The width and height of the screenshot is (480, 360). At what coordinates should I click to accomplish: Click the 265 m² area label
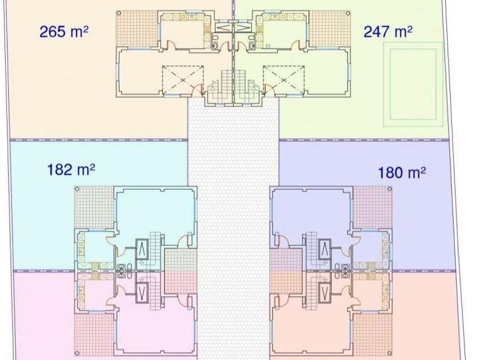coord(64,31)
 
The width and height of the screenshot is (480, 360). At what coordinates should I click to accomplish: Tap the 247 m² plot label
coord(388,31)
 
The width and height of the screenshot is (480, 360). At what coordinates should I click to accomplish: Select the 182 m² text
coord(71,169)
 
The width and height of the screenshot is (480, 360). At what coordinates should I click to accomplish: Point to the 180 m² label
coord(402,173)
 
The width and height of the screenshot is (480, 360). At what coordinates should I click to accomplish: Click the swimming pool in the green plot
coord(413,84)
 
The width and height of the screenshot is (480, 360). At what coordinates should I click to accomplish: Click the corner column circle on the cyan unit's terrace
coord(77,189)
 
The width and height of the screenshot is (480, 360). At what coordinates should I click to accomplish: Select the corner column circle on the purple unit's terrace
coord(390,189)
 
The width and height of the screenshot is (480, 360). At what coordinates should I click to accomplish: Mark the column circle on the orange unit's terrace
coord(119,13)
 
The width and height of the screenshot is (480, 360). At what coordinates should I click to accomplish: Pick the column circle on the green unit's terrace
coord(348,13)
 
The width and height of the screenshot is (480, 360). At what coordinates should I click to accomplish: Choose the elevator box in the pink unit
coord(142,293)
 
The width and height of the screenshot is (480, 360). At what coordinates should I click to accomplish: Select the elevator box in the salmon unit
coord(325,293)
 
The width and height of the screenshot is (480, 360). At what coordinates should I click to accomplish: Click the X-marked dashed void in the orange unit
coord(183,80)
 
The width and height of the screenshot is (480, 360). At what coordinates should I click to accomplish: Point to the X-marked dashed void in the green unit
coord(284,80)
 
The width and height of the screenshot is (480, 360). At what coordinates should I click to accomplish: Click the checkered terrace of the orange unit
coord(137,29)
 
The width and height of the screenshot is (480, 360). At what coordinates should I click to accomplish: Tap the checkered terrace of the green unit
coord(329,29)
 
